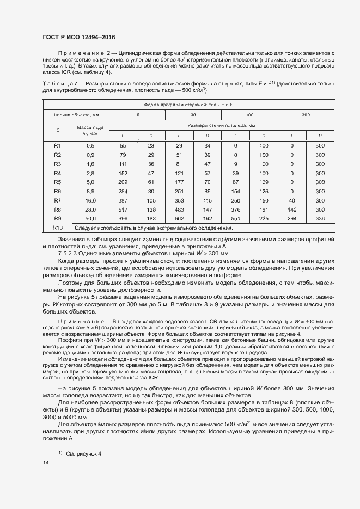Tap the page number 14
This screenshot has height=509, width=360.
pos(45,462)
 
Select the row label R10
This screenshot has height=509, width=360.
pos(58,227)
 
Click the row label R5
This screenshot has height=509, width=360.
pos(58,182)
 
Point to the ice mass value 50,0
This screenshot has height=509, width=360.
pos(90,218)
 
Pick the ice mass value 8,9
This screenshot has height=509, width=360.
pos(90,191)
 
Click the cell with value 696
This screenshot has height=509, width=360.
pos(123,218)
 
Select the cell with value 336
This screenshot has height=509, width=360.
pos(320,218)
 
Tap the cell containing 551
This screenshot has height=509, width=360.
pos(235,218)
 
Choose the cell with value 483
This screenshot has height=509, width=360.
pos(179,209)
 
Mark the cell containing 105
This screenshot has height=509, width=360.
pos(151,200)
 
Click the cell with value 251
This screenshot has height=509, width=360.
pos(179,191)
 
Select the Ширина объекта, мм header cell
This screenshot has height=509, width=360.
pos(76,115)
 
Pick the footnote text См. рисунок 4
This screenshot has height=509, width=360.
pos(84,453)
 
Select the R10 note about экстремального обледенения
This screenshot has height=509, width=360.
pos(149,227)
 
